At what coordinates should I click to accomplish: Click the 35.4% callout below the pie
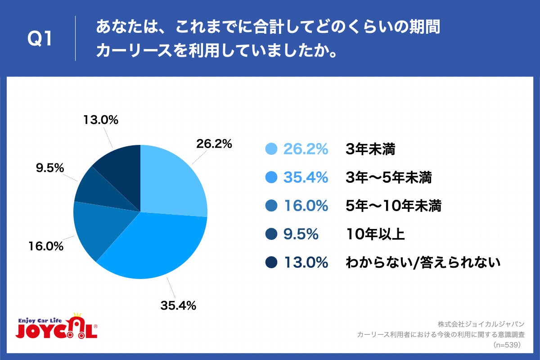point(178,306)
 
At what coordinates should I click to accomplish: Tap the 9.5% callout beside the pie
point(49,168)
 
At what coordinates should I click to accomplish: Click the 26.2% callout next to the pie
point(214,144)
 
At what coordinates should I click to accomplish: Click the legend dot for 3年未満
point(271,149)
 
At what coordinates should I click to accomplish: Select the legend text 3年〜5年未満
point(388,178)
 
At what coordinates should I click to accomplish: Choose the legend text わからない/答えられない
point(423,262)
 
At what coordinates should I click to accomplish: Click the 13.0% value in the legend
point(306,262)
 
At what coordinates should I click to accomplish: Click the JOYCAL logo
point(57,327)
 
